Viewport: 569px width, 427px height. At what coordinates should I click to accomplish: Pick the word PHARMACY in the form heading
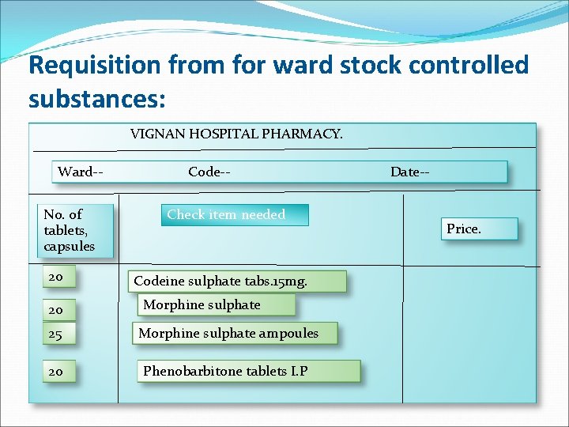[x=302, y=134]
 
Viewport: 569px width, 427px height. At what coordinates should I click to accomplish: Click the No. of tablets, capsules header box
[x=75, y=230]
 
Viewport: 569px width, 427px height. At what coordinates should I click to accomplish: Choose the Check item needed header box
[x=234, y=215]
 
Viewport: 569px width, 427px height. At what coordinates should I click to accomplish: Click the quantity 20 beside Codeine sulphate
[x=55, y=278]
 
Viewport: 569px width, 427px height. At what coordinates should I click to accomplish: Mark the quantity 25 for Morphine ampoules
[x=55, y=334]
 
